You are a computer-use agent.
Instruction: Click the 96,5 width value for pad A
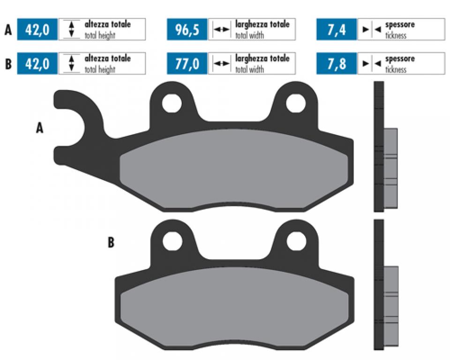click(187, 30)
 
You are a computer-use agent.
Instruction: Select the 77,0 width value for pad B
click(187, 63)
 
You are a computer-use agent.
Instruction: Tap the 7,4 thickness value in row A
click(337, 30)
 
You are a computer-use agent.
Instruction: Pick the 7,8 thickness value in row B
click(337, 63)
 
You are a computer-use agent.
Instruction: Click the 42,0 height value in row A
click(37, 30)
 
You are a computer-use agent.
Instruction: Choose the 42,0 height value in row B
click(37, 63)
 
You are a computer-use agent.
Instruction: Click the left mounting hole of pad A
click(172, 103)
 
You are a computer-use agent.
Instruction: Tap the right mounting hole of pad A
click(296, 103)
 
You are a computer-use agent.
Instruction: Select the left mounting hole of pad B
click(172, 240)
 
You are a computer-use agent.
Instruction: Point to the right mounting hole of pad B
click(296, 240)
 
